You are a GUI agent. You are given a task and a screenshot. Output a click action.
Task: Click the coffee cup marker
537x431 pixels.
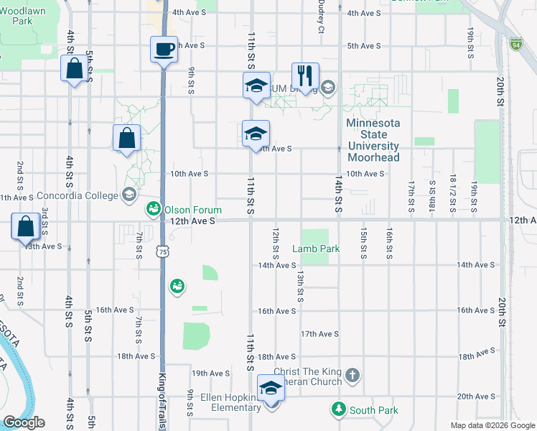tap(164, 50)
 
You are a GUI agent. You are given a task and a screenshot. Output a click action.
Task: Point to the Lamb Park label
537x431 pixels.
tap(315, 249)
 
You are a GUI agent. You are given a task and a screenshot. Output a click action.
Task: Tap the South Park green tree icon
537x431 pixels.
tap(338, 409)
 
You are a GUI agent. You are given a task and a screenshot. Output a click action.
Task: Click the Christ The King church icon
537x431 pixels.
tap(352, 374)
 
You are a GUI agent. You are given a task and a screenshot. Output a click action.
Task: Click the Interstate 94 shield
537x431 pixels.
tap(515, 45)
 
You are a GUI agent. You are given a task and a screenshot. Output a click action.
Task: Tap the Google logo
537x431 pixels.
tap(24, 422)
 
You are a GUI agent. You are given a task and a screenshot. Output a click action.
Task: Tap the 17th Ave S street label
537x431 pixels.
tap(319, 334)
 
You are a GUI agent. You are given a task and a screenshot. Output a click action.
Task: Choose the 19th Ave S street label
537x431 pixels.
tap(210, 374)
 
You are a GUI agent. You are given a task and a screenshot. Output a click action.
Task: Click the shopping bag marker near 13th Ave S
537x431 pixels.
tap(25, 226)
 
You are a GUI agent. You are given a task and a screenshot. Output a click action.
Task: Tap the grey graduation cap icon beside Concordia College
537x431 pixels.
tap(128, 194)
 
